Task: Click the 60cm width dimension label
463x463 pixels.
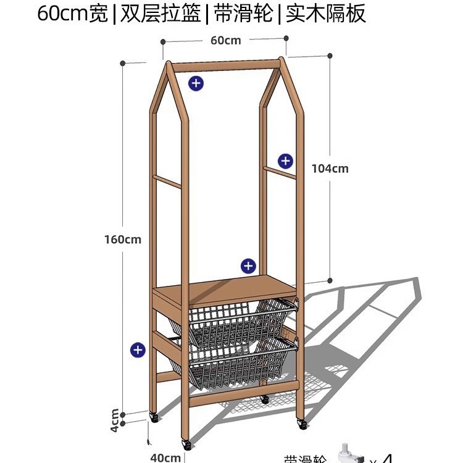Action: tap(225, 41)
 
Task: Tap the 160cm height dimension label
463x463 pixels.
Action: tap(122, 239)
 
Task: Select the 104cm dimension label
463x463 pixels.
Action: tap(331, 168)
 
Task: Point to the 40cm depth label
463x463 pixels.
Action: tap(165, 457)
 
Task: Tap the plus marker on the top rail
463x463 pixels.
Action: tap(196, 83)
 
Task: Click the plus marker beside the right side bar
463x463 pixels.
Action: tap(285, 161)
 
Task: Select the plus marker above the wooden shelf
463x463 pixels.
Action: tap(248, 266)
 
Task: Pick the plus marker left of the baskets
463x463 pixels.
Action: tap(138, 350)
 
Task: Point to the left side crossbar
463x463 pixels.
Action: tap(167, 182)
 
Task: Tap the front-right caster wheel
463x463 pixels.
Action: tap(302, 423)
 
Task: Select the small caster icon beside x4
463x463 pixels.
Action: tap(351, 454)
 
